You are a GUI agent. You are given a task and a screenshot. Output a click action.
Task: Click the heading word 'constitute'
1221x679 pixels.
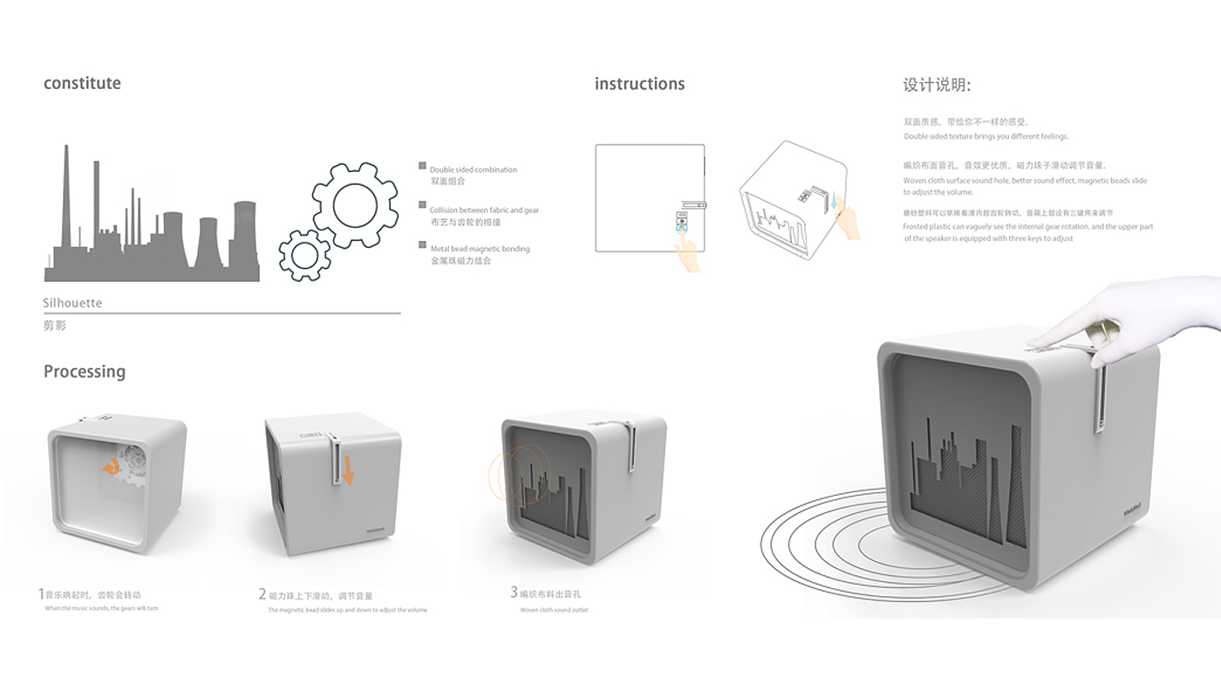(82, 84)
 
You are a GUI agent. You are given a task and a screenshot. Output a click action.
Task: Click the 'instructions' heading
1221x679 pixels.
(639, 84)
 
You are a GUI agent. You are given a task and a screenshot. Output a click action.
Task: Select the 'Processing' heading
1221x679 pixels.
(85, 372)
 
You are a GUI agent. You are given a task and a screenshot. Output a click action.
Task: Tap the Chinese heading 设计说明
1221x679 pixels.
(937, 86)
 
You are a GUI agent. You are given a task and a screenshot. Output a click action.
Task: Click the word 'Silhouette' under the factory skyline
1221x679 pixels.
(72, 303)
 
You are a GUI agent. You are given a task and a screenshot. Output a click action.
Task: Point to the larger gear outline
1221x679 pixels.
(355, 204)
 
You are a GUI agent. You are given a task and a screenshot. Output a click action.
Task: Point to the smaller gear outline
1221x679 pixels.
(304, 255)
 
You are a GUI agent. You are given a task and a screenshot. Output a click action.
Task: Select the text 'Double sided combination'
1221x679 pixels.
(474, 169)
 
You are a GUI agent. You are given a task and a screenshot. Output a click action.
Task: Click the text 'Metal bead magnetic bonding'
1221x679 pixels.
(480, 249)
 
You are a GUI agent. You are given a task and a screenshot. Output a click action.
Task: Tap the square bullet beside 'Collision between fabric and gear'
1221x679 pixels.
(422, 209)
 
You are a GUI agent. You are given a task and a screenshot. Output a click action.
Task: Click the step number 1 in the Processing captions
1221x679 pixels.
(41, 594)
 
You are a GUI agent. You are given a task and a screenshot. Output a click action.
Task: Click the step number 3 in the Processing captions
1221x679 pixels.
(514, 593)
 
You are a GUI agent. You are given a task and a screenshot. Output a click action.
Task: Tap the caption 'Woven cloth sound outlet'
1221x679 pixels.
(554, 610)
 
